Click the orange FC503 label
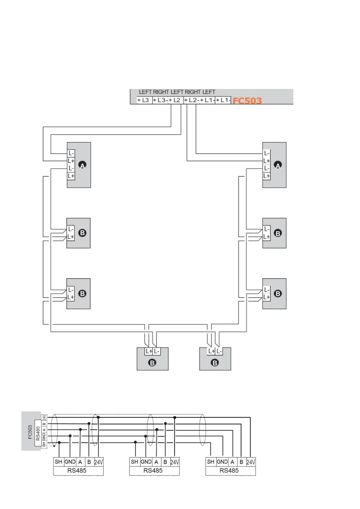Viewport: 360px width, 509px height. (x=247, y=100)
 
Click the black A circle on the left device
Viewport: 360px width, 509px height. (x=82, y=165)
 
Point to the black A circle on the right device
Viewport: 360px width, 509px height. (x=278, y=165)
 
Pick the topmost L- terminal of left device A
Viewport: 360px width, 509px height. (x=71, y=153)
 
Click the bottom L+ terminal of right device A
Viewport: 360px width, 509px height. (x=267, y=176)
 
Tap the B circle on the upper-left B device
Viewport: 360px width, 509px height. (x=82, y=233)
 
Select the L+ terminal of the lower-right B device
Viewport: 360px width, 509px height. (x=267, y=297)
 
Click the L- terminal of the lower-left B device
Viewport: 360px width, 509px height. (x=71, y=290)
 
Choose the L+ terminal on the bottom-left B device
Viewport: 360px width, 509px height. (x=149, y=351)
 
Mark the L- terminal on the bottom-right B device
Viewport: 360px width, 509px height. (x=219, y=351)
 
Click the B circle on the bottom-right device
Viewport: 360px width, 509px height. (x=215, y=363)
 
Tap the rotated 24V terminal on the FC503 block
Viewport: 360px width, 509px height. (x=44, y=418)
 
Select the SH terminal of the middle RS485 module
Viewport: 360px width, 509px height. (x=135, y=462)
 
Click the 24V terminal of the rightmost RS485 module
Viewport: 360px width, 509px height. (x=251, y=462)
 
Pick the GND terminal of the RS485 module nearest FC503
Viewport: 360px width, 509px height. (x=70, y=462)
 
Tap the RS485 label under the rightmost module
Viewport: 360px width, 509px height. (x=229, y=471)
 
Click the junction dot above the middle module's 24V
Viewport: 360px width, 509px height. (x=175, y=418)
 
